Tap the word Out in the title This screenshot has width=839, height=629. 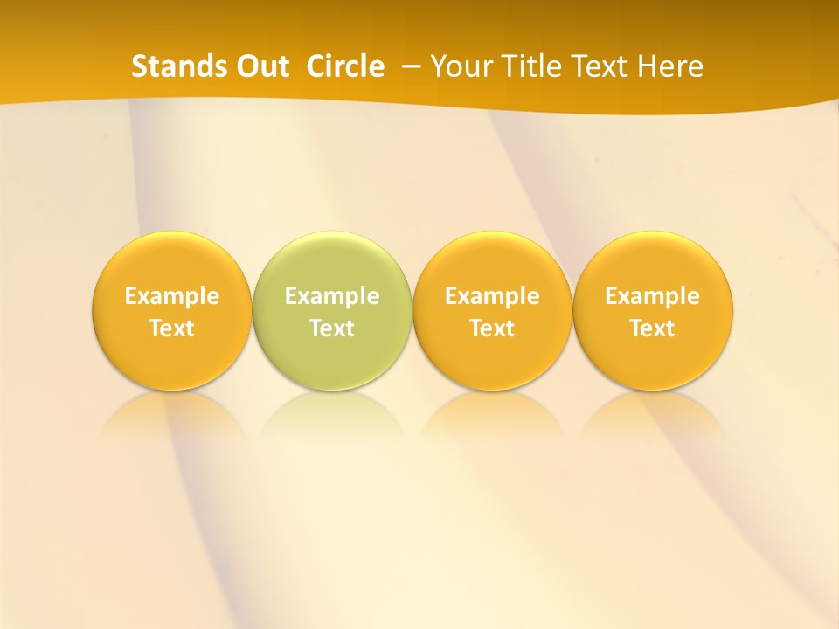[x=260, y=66]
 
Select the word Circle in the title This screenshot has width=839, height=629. [x=345, y=66]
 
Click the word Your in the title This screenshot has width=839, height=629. [x=460, y=66]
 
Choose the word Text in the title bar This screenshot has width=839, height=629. [x=597, y=66]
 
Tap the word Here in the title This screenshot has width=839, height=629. [x=669, y=66]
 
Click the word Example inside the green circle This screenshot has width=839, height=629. [x=332, y=296]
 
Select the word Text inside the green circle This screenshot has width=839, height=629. [x=332, y=328]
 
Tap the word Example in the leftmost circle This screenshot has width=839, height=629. [x=172, y=296]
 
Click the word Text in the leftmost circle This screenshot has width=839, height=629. [x=172, y=328]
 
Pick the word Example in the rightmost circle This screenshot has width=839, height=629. [x=653, y=296]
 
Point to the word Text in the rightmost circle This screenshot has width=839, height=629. [x=653, y=328]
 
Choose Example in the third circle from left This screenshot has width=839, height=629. [x=492, y=296]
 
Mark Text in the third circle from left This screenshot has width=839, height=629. [x=492, y=328]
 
